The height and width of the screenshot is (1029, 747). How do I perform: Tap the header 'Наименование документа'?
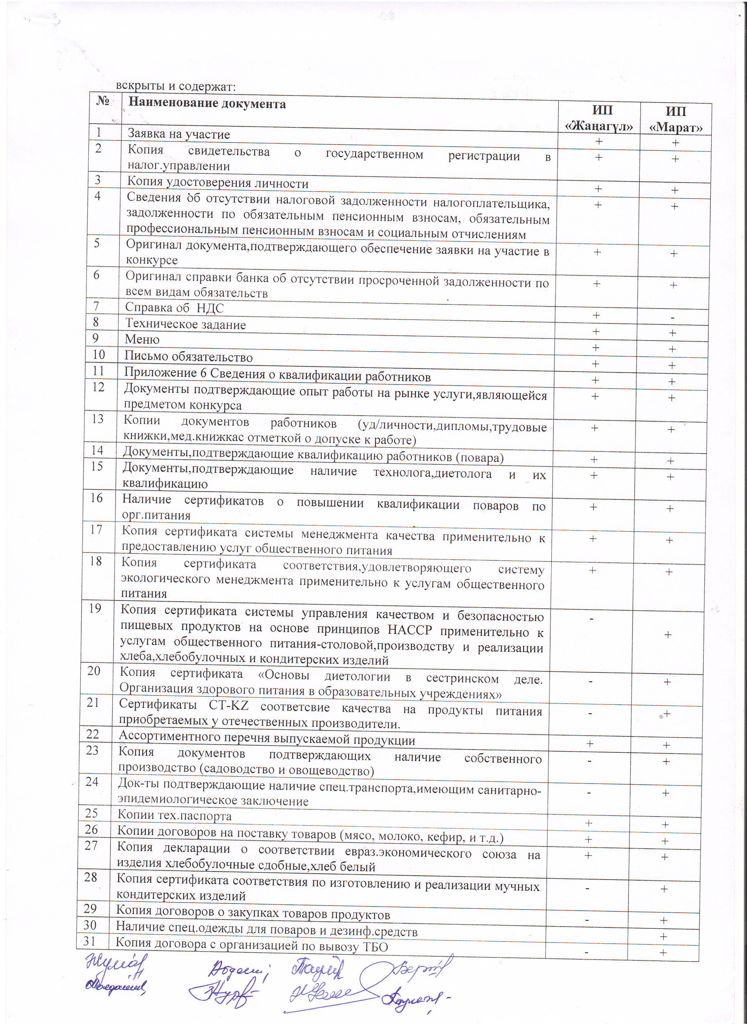(x=207, y=104)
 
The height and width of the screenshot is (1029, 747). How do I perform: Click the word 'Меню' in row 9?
(x=142, y=339)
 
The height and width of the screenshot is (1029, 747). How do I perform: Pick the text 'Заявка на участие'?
(x=179, y=134)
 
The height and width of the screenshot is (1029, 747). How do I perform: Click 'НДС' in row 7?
(x=210, y=308)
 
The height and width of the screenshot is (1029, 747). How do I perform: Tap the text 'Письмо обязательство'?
(x=188, y=357)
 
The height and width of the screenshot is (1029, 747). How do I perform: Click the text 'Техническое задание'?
(x=186, y=324)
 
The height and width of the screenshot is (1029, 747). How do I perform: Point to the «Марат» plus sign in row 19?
(x=668, y=635)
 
